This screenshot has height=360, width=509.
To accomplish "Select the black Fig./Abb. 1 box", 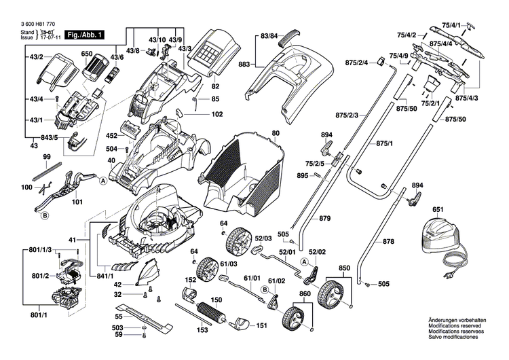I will coord(83,33).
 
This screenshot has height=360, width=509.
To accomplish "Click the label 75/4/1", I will coord(470,25).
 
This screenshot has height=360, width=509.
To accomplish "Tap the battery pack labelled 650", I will coord(95,69).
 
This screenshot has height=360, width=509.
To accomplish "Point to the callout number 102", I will coord(216,114).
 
